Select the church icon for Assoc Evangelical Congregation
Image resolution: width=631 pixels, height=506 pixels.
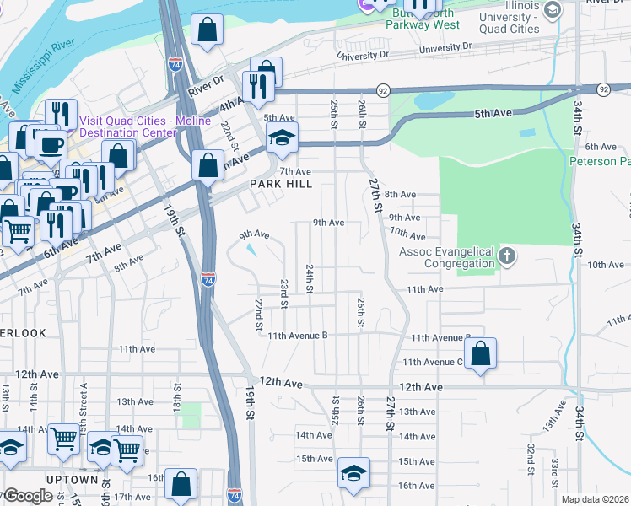click(506, 256)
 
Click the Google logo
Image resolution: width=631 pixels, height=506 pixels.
click(27, 496)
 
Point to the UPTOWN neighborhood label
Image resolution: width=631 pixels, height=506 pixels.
click(73, 480)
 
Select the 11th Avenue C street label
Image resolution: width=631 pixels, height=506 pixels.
click(433, 363)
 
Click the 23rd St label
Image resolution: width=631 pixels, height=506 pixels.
click(284, 293)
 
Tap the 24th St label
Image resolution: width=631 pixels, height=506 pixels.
click(310, 278)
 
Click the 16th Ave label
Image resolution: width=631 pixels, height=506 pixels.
click(416, 486)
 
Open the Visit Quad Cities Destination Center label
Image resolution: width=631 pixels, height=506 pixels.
click(139, 126)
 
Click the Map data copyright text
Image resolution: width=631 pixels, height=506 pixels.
click(595, 499)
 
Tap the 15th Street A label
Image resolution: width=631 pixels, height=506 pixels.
click(84, 396)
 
